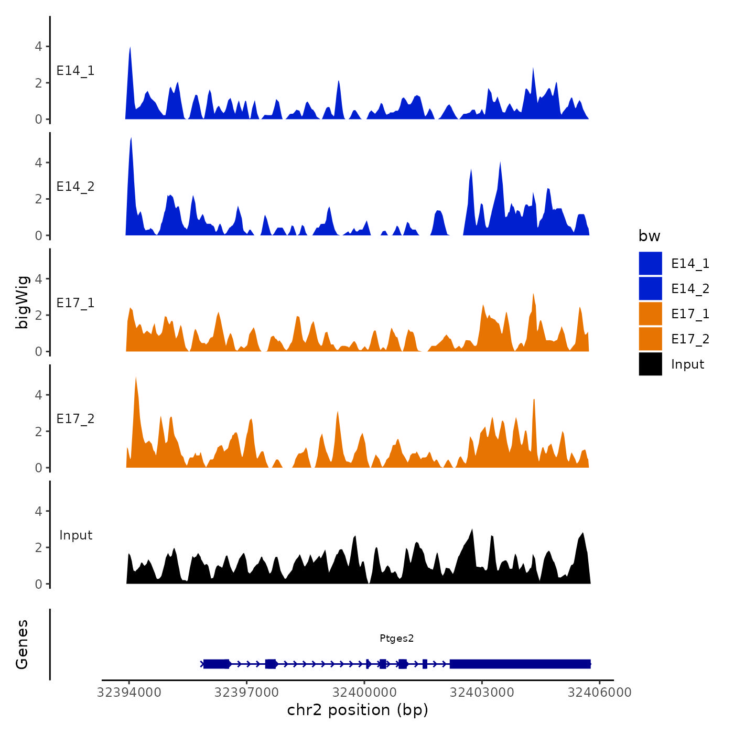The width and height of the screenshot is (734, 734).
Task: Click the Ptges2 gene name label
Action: (x=396, y=638)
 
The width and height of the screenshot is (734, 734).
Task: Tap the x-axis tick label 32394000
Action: (x=129, y=693)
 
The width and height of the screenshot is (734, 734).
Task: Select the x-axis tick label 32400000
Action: (x=364, y=693)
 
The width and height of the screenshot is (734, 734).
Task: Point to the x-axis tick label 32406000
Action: (x=599, y=693)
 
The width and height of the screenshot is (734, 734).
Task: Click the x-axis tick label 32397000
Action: (x=246, y=693)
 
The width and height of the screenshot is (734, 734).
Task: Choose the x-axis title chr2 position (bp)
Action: (x=358, y=710)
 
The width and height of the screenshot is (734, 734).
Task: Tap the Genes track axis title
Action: (x=22, y=644)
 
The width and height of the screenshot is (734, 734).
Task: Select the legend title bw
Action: (x=649, y=236)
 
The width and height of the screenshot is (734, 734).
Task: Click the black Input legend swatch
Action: (x=650, y=364)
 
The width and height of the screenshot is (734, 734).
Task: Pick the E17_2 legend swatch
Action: (x=650, y=339)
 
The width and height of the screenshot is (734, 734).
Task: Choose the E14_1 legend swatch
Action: (x=650, y=263)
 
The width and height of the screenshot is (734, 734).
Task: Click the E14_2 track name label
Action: (x=75, y=187)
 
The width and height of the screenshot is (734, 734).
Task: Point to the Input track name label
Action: (x=75, y=535)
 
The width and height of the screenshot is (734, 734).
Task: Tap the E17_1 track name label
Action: (x=75, y=303)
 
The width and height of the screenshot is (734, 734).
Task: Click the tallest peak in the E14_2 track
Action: (x=131, y=139)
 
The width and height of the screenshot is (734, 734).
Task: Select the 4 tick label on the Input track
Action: (x=38, y=511)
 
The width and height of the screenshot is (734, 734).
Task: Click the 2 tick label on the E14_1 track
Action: (x=38, y=83)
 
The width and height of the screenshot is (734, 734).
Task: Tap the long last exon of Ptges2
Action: (x=520, y=664)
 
